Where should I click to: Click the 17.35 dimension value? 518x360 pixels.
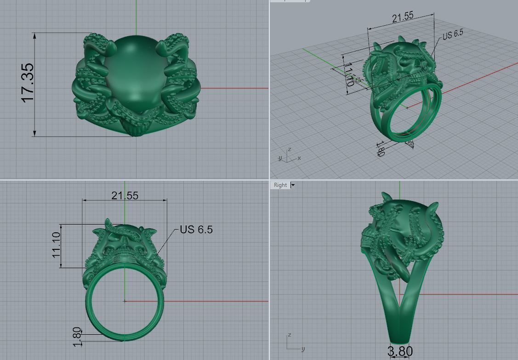(x=28, y=83)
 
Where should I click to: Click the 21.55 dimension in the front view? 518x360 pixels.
(x=125, y=196)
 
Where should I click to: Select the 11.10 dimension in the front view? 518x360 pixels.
(x=57, y=244)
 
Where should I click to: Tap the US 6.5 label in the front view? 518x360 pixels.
(x=196, y=229)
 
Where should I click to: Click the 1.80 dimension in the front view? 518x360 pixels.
(x=77, y=337)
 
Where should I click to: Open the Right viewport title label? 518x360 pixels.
(x=280, y=185)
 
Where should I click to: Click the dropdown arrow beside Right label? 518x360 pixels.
(x=293, y=185)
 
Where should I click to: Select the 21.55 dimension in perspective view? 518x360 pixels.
(x=403, y=17)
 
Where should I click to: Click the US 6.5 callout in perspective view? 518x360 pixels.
(x=453, y=34)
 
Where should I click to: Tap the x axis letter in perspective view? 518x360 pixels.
(x=299, y=158)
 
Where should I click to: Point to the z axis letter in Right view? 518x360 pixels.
(x=289, y=336)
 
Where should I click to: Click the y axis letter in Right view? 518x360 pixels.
(x=303, y=349)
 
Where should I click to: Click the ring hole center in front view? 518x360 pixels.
(x=125, y=301)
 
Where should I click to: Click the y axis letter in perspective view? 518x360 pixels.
(x=280, y=158)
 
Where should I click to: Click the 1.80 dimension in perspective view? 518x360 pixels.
(x=381, y=151)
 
